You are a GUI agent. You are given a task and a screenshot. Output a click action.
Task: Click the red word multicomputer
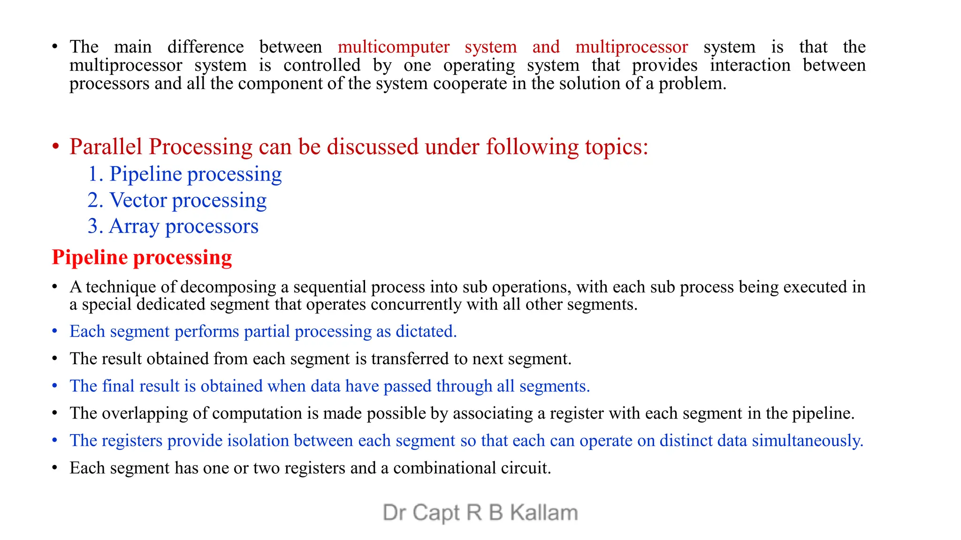(393, 47)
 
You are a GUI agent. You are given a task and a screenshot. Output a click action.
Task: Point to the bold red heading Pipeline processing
(142, 257)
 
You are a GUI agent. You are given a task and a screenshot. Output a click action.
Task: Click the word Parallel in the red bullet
(106, 147)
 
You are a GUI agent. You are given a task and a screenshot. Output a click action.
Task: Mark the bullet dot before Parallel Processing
(55, 147)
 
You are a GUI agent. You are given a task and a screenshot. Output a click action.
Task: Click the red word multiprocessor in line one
(632, 47)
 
